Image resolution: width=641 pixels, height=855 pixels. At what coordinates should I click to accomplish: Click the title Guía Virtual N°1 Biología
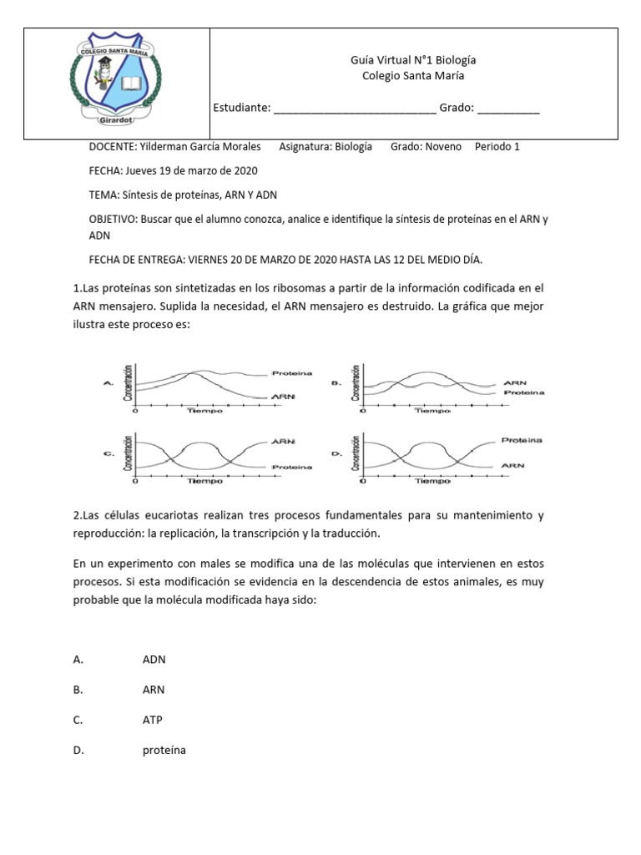(x=413, y=60)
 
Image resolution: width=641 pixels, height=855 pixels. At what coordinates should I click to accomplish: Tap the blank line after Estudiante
(x=354, y=109)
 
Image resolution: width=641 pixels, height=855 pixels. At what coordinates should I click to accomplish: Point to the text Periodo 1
(x=497, y=146)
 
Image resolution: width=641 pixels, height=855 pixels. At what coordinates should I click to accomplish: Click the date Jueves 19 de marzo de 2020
(x=191, y=170)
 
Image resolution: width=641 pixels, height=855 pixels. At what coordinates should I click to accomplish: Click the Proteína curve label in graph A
(x=291, y=373)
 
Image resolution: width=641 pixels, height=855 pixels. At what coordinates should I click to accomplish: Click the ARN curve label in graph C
(x=281, y=440)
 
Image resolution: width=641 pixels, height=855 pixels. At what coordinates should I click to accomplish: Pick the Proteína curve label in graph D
(x=522, y=439)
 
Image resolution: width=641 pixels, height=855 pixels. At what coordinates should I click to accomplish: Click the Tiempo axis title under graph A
(x=204, y=412)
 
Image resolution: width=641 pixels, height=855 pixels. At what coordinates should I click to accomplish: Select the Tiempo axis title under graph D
(x=432, y=482)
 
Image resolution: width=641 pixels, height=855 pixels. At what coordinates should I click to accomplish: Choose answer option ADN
(x=154, y=660)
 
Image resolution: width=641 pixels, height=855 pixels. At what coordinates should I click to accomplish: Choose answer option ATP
(x=153, y=720)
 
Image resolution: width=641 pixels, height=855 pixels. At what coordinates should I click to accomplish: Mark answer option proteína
(x=164, y=751)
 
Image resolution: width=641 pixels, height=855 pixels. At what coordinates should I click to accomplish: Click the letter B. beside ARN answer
(x=78, y=690)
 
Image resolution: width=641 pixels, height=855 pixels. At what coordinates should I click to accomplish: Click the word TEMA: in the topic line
(x=103, y=195)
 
